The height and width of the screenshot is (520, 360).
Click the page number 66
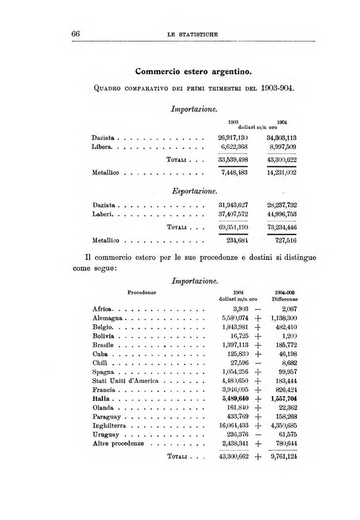point(75,35)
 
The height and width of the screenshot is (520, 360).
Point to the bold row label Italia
point(102,399)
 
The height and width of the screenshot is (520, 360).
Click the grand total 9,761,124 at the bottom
point(283,456)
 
